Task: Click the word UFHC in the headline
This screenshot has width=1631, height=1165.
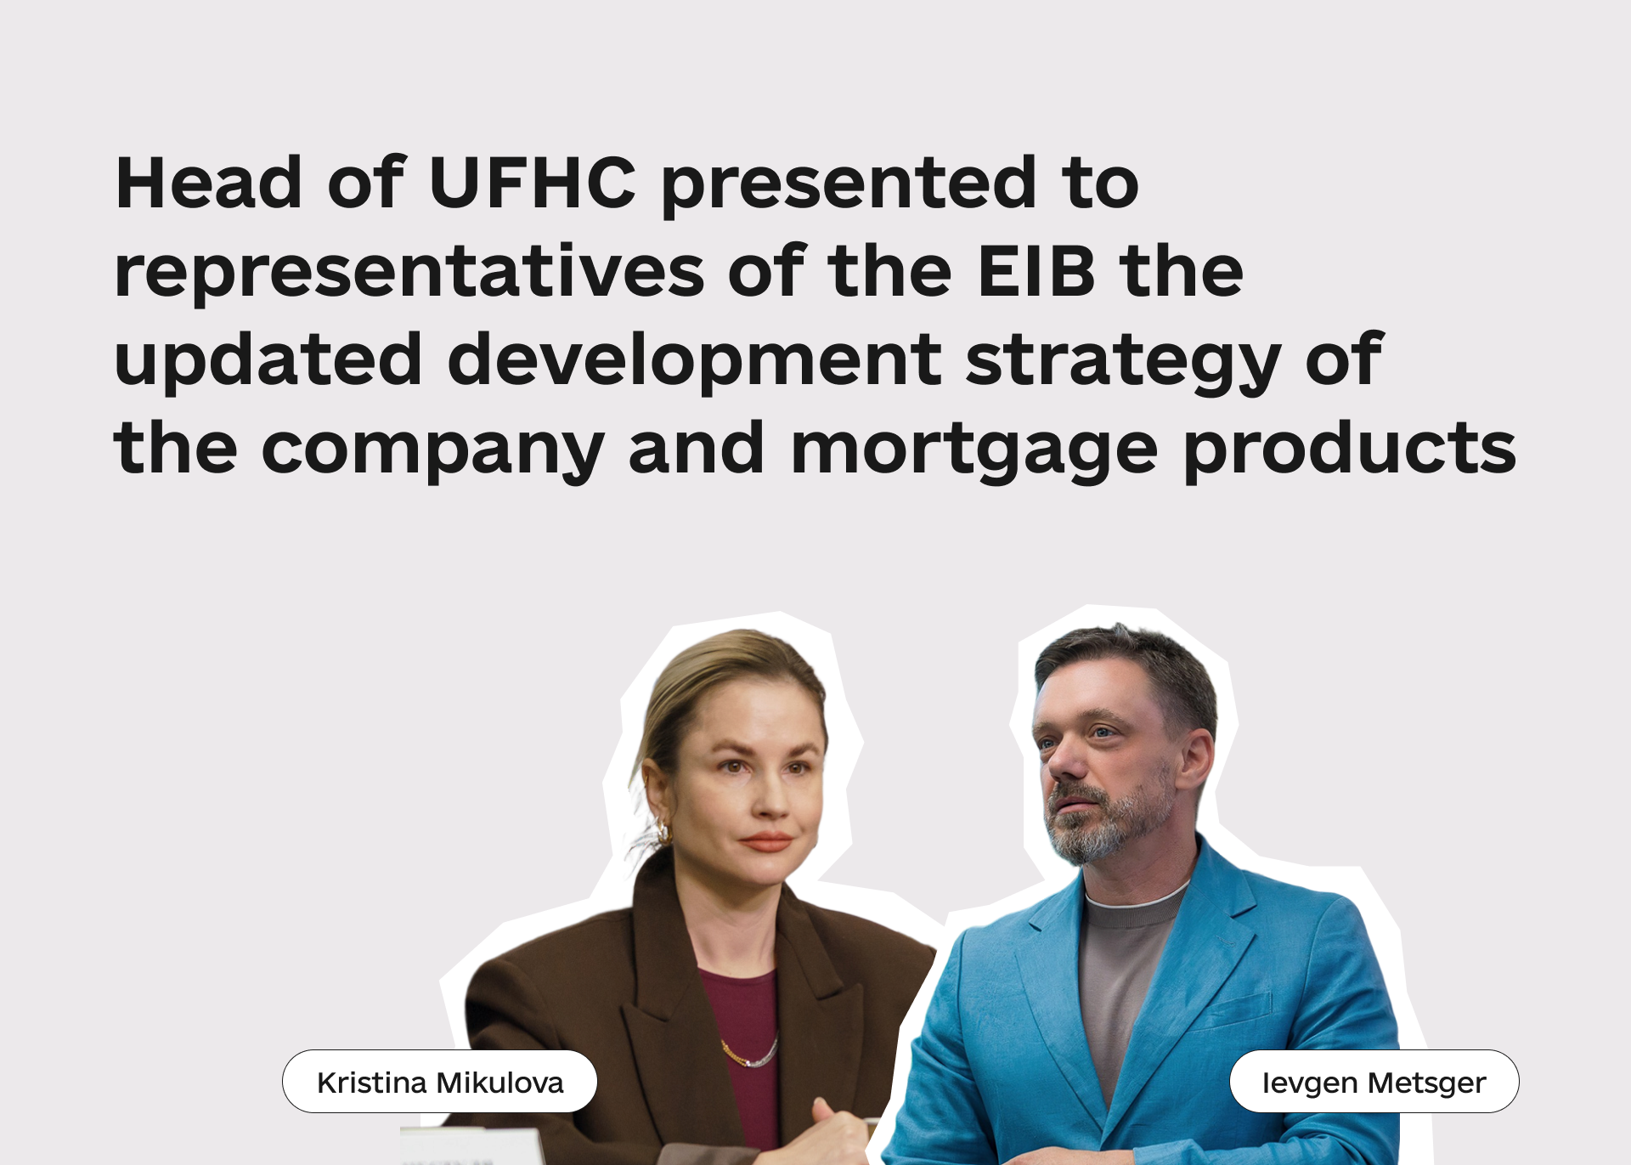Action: (x=533, y=183)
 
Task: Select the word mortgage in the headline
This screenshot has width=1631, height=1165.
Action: (x=975, y=450)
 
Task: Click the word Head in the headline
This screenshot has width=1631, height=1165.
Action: (x=209, y=183)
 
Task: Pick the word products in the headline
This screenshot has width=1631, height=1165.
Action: (x=1351, y=450)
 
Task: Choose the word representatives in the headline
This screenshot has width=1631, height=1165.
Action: (x=409, y=274)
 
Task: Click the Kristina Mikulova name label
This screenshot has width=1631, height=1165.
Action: (x=440, y=1082)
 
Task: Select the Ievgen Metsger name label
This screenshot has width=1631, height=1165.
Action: (x=1374, y=1082)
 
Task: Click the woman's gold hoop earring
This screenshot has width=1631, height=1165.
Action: (x=662, y=831)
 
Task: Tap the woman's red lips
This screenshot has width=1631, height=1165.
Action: (x=767, y=842)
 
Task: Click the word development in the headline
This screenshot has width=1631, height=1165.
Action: (x=695, y=361)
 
